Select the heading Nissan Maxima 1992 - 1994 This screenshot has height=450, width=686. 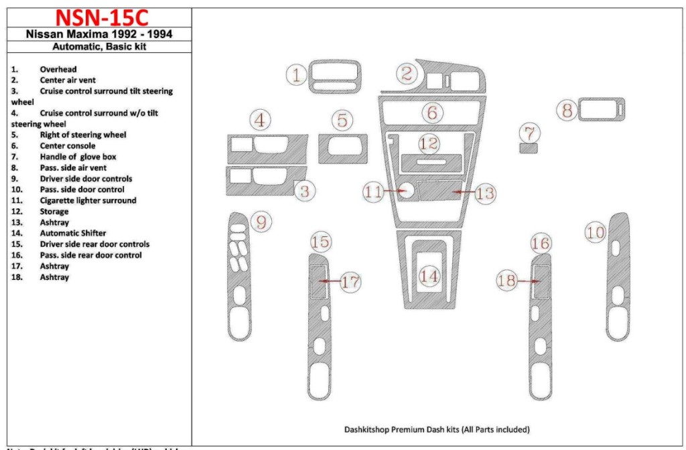click(x=97, y=34)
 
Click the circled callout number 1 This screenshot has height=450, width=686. click(x=296, y=75)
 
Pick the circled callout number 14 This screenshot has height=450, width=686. click(x=429, y=276)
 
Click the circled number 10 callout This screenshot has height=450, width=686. click(x=595, y=232)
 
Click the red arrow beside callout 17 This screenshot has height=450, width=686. click(x=329, y=282)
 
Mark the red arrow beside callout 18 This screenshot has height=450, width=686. click(x=529, y=282)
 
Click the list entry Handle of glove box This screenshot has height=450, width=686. click(x=72, y=157)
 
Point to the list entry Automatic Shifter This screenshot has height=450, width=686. click(x=72, y=233)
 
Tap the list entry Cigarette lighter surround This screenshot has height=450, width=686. click(x=87, y=200)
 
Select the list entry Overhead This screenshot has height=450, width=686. click(x=58, y=69)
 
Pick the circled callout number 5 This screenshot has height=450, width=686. click(x=342, y=121)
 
